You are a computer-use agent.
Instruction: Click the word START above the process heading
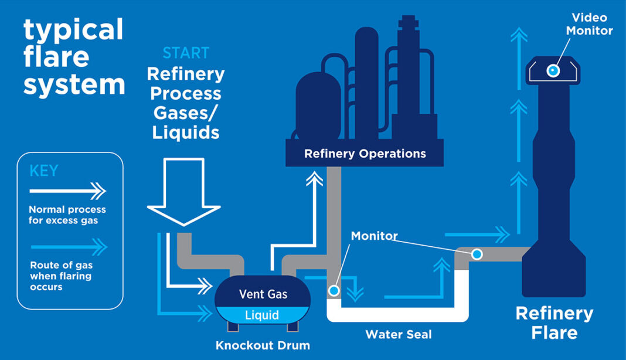185,53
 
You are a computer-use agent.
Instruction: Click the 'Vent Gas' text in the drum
263,294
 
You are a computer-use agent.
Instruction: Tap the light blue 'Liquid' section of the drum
262,315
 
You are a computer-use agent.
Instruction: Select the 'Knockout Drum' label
263,345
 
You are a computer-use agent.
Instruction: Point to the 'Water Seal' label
398,335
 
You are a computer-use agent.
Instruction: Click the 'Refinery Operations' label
365,154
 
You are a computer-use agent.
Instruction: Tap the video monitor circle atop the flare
552,71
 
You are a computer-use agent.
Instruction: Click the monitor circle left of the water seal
334,290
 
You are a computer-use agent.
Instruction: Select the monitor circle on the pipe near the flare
477,254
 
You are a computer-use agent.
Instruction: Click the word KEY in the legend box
44,171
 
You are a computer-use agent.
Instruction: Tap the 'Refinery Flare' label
554,322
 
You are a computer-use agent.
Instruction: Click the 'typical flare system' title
74,57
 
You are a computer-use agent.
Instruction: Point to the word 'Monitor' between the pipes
374,236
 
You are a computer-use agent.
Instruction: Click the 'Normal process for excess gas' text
67,215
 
